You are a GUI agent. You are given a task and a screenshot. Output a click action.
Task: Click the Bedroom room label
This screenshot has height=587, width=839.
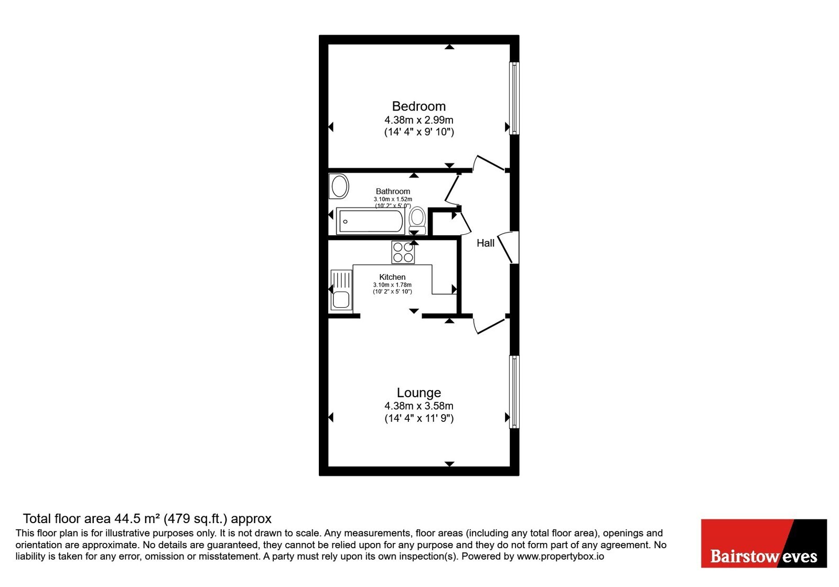[419, 106]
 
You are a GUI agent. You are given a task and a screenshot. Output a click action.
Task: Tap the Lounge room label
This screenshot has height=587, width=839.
[419, 393]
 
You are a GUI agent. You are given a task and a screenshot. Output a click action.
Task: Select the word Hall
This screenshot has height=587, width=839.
[486, 243]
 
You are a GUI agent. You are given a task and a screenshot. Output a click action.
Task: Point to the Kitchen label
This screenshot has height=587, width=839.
[392, 277]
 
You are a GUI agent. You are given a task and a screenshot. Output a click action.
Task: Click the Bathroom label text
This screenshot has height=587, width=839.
[393, 191]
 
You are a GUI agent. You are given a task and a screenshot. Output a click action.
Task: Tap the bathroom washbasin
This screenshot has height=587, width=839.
[339, 186]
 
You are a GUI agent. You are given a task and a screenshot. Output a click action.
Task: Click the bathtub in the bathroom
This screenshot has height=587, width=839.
[370, 221]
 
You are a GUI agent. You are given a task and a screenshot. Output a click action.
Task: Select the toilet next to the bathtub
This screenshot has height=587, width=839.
[417, 221]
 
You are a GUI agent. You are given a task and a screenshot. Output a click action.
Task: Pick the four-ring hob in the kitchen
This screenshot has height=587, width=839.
[403, 252]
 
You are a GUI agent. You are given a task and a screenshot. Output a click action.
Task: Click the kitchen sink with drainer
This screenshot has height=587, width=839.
[341, 290]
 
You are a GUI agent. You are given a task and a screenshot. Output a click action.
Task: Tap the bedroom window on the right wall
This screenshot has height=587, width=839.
[514, 98]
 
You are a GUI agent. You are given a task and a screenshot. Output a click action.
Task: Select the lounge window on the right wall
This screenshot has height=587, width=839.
[514, 392]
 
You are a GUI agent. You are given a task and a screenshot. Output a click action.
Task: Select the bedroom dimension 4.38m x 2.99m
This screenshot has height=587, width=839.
[419, 120]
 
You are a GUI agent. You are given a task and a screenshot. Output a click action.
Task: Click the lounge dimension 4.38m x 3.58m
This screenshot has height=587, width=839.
[419, 406]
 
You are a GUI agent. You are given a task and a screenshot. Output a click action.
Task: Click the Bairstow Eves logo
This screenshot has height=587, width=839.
[764, 543]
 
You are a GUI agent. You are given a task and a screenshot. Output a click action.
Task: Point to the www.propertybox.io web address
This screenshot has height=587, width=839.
[561, 556]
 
